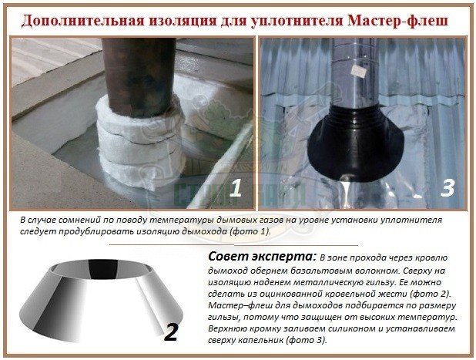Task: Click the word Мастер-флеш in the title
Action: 397,21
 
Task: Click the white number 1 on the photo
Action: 236,187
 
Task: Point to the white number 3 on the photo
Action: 448,187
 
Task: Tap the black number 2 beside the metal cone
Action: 171,332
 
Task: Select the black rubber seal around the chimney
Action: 355,142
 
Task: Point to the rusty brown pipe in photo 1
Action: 139,77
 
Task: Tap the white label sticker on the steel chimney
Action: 358,72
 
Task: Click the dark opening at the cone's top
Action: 103,268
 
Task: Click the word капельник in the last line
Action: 260,340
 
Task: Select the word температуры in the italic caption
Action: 176,220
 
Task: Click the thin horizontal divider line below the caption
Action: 233,244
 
